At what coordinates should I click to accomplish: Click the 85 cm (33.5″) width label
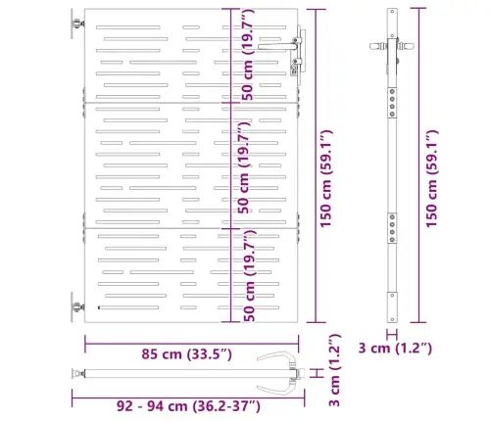(186, 354)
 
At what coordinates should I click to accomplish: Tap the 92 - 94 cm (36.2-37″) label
(188, 406)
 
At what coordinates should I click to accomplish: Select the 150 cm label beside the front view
(325, 178)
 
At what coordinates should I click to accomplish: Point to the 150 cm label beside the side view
(431, 178)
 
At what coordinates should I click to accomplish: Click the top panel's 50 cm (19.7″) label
(247, 55)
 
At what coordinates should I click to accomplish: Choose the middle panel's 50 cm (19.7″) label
(244, 167)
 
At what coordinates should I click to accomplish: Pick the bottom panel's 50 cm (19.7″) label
(249, 276)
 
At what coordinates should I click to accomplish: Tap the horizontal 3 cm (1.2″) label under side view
(395, 348)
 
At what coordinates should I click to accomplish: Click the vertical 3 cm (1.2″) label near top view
(334, 370)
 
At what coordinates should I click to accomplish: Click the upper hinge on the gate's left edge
(77, 23)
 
